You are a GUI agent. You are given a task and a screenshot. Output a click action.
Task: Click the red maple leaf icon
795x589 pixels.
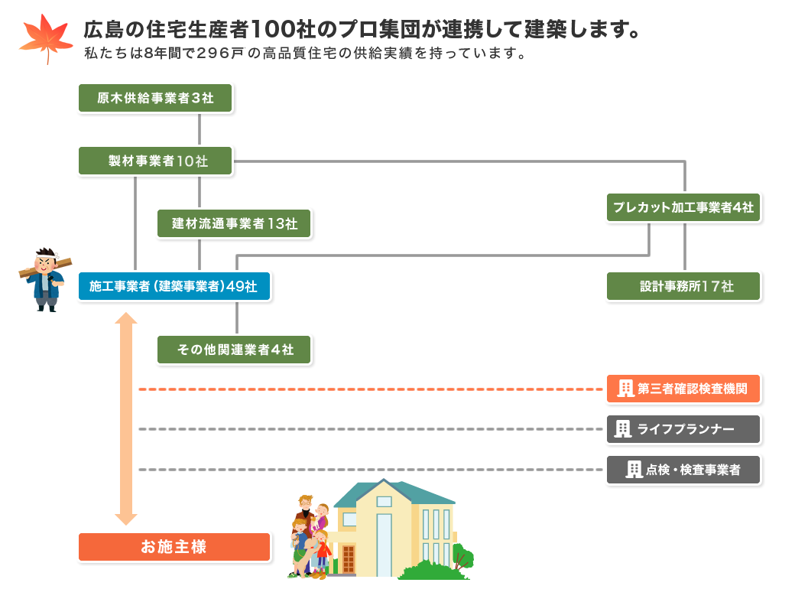46,38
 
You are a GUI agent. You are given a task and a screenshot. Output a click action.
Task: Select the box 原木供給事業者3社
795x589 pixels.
155,98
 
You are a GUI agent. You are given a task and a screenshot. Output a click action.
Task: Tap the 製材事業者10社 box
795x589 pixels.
155,161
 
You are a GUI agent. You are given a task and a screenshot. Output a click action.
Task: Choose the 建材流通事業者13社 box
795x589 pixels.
234,223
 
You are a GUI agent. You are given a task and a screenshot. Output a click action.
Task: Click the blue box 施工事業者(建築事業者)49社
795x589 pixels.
174,286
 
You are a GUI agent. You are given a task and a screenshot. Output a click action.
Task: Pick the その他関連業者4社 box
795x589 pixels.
234,350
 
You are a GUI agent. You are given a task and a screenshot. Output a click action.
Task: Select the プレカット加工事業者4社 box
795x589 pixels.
683,207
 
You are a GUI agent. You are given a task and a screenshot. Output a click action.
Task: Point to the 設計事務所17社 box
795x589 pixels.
683,286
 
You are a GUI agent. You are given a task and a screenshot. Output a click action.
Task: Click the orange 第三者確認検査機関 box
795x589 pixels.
683,389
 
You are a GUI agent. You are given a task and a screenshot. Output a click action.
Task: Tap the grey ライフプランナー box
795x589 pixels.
683,429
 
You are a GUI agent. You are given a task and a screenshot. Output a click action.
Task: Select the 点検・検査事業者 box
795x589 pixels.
683,470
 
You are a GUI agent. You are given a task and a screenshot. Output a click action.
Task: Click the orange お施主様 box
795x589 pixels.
174,547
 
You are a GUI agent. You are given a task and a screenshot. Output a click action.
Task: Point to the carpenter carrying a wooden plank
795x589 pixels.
46,279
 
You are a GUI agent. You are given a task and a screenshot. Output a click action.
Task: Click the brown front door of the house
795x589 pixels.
349,559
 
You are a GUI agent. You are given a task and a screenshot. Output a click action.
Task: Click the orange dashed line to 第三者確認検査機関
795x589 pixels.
371,389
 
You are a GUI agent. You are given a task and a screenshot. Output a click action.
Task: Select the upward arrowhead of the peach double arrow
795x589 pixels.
125,318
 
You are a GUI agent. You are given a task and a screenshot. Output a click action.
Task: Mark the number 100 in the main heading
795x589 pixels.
274,29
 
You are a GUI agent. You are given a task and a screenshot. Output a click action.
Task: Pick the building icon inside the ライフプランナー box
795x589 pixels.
622,429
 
